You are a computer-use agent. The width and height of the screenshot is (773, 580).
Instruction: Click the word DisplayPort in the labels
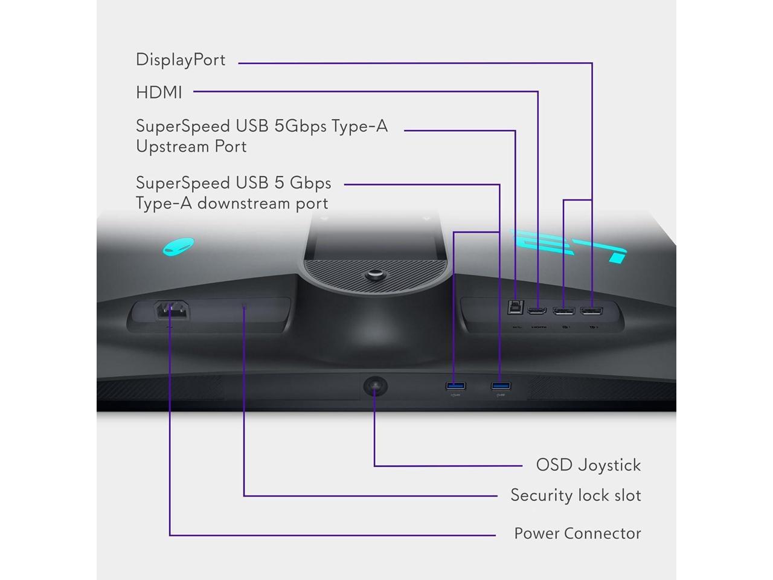pos(181,60)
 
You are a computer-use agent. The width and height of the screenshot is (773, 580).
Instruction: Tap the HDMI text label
pos(159,92)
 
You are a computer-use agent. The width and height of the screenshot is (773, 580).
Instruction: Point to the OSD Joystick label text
pos(588,465)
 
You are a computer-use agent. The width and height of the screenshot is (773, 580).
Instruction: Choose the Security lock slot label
pos(576,495)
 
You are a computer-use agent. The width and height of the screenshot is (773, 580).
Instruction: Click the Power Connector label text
pos(577,533)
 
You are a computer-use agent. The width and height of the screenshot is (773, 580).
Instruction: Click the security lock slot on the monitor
pos(245,306)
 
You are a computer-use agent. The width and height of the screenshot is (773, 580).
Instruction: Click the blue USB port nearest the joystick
pos(455,385)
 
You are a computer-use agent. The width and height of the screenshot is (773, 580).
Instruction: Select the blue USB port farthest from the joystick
pos(501,385)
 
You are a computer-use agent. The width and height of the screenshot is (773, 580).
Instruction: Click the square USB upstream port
pos(515,307)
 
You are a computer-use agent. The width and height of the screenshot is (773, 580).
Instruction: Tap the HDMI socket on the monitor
pos(537,311)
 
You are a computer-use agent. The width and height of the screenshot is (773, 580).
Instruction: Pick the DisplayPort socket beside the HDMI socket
pos(564,311)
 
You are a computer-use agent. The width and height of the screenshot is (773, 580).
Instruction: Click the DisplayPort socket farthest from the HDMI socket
pos(591,311)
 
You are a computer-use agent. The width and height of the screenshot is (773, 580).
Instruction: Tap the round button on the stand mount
pos(373,275)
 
